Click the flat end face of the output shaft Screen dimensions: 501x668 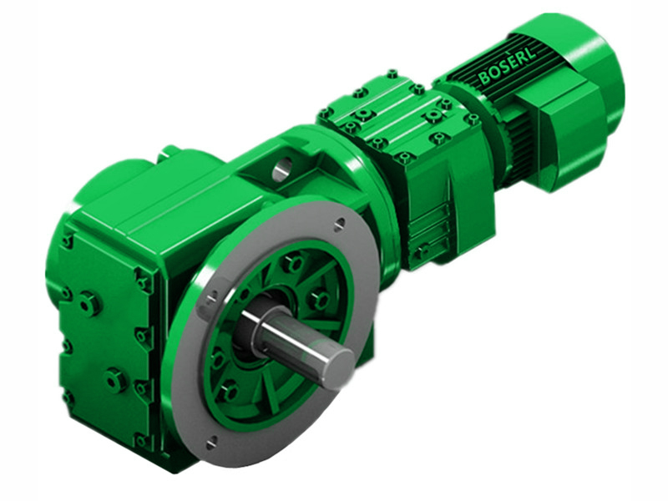[340, 368]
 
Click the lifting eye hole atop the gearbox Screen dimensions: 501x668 [280, 172]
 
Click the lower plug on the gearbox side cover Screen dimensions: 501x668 [114, 381]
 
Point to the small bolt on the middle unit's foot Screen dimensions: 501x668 [423, 249]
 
